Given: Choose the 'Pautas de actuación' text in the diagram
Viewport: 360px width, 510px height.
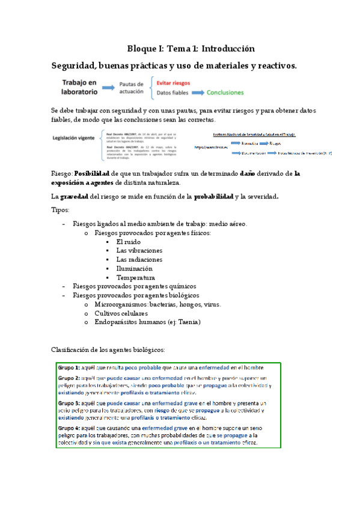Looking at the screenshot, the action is [x=131, y=88].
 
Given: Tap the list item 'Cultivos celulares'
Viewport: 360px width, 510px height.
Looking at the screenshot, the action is [x=121, y=313].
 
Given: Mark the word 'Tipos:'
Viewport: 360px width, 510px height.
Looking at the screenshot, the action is [x=61, y=210].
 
